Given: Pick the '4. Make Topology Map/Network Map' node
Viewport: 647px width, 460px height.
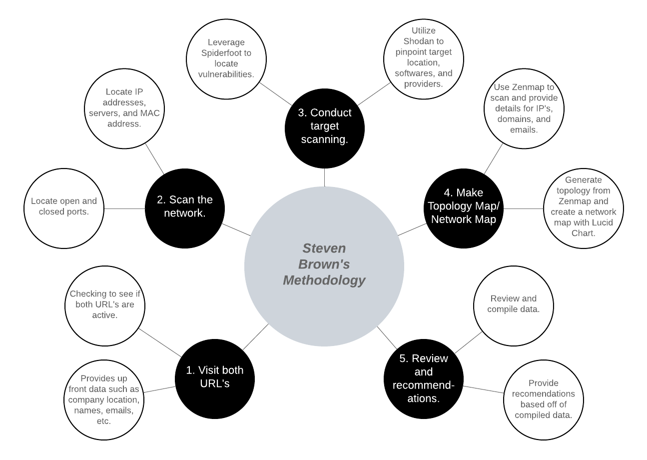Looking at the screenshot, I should pyautogui.click(x=463, y=206).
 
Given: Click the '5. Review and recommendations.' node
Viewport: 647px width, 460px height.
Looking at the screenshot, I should pyautogui.click(x=423, y=378).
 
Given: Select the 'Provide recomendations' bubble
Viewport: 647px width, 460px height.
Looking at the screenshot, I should pyautogui.click(x=544, y=399).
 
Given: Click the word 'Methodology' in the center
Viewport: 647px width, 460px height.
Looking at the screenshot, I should pyautogui.click(x=324, y=280).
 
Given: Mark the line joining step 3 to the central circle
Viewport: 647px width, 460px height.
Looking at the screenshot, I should pyautogui.click(x=324, y=176).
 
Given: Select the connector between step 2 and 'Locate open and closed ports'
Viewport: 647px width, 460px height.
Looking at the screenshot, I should pyautogui.click(x=124, y=208).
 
